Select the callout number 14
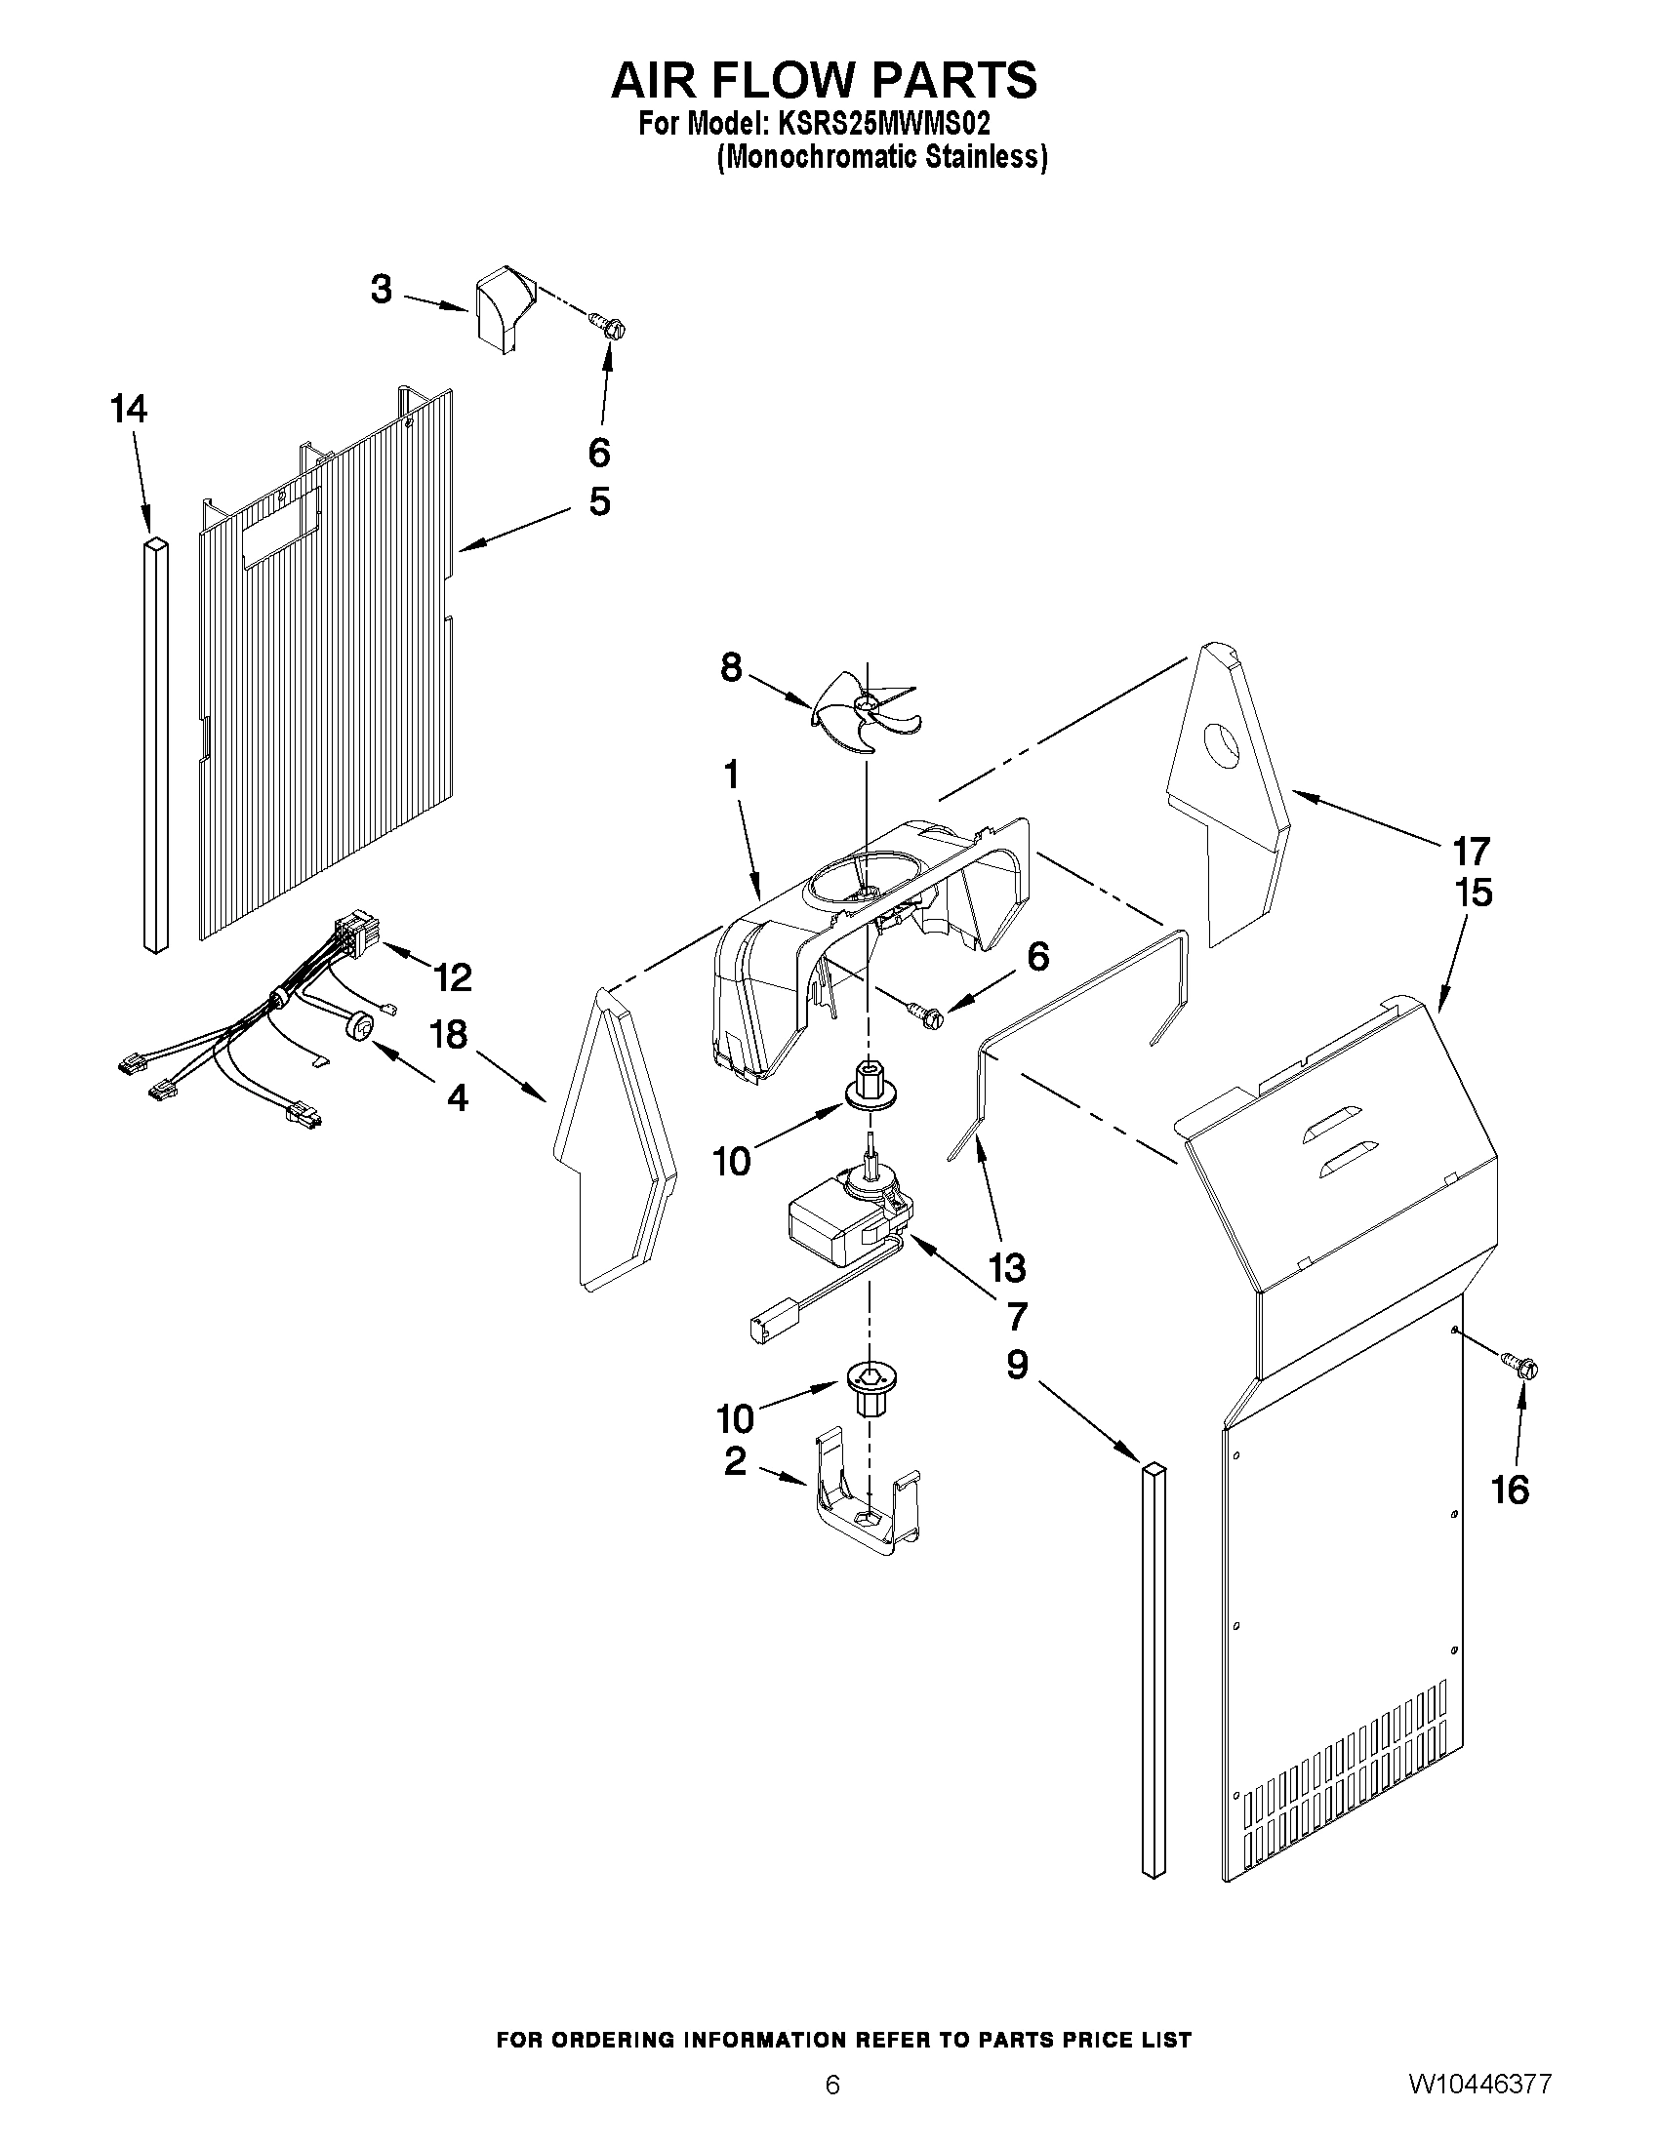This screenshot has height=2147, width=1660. pos(129,409)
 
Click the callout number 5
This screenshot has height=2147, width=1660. pos(599,502)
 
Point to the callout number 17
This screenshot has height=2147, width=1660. pos(1473,851)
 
